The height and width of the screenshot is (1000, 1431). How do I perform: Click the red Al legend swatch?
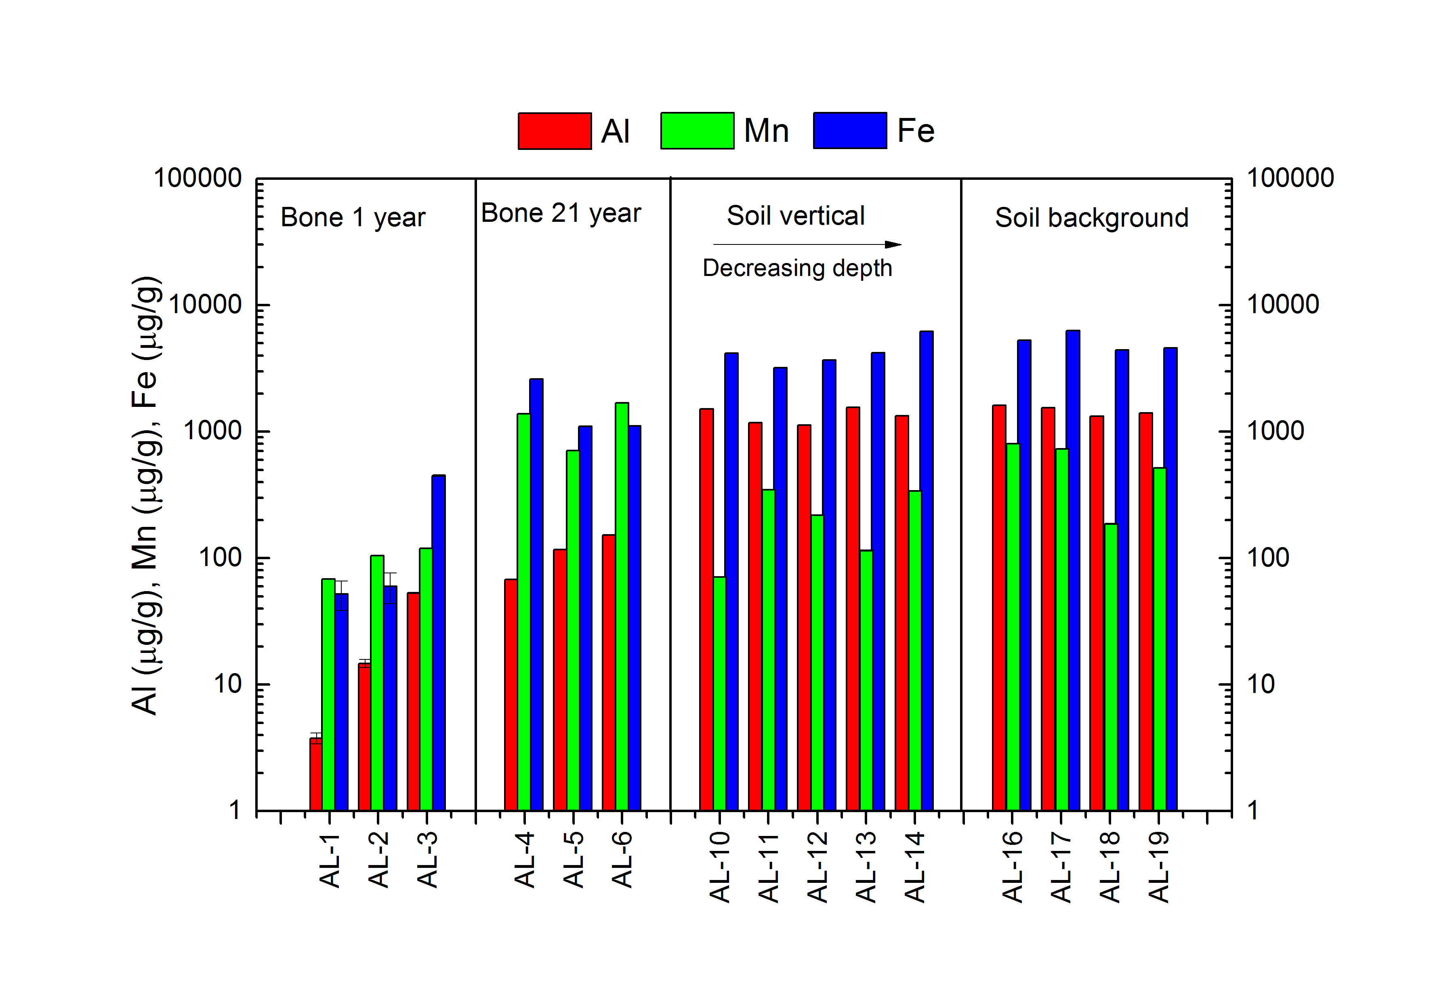554,131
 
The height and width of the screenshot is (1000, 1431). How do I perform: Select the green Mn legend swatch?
697,131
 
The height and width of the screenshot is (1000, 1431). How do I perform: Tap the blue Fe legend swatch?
849,131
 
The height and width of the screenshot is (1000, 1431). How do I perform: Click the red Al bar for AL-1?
316,774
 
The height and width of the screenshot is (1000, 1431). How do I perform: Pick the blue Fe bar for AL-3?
439,642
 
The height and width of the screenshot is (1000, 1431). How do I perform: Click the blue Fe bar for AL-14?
926,571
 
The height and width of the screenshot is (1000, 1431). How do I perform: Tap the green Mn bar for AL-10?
719,693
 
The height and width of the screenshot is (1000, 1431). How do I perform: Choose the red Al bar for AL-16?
999,608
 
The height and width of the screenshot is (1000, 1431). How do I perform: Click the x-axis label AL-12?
817,867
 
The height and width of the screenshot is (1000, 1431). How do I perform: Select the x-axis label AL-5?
574,859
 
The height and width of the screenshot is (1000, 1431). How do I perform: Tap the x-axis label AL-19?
1159,867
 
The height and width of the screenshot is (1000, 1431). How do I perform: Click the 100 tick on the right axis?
1268,558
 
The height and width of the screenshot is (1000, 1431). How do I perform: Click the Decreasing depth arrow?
807,244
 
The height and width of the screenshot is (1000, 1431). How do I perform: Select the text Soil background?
1091,218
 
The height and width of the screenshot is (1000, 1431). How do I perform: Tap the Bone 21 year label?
561,214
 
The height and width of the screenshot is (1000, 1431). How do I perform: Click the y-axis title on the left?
147,496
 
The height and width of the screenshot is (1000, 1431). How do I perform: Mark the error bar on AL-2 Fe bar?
390,587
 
